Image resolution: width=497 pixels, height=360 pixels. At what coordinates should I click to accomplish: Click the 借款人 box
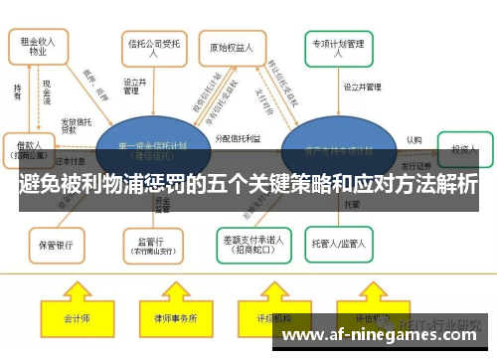point(29,149)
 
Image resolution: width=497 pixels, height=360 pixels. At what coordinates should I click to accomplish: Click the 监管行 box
point(151,243)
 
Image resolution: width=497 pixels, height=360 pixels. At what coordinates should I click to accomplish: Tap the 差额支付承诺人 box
point(253,243)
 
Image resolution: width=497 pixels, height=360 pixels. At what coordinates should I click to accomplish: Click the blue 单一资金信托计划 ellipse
point(149,149)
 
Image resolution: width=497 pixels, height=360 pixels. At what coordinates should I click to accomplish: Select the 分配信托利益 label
point(239,139)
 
